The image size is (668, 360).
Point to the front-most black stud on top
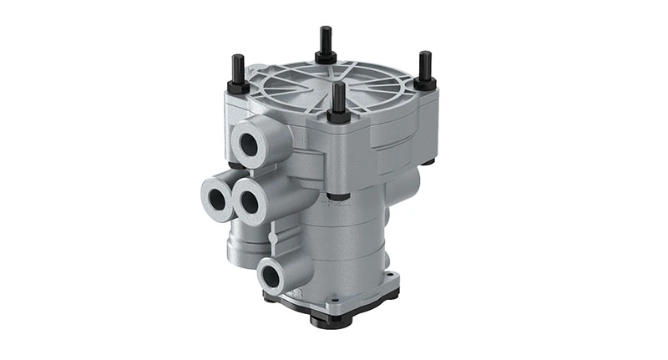pos(338,94)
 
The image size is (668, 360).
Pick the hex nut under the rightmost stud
pos(425,84)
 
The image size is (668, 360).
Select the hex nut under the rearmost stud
pos(326,57)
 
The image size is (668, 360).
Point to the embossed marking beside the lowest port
pos(294,295)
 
